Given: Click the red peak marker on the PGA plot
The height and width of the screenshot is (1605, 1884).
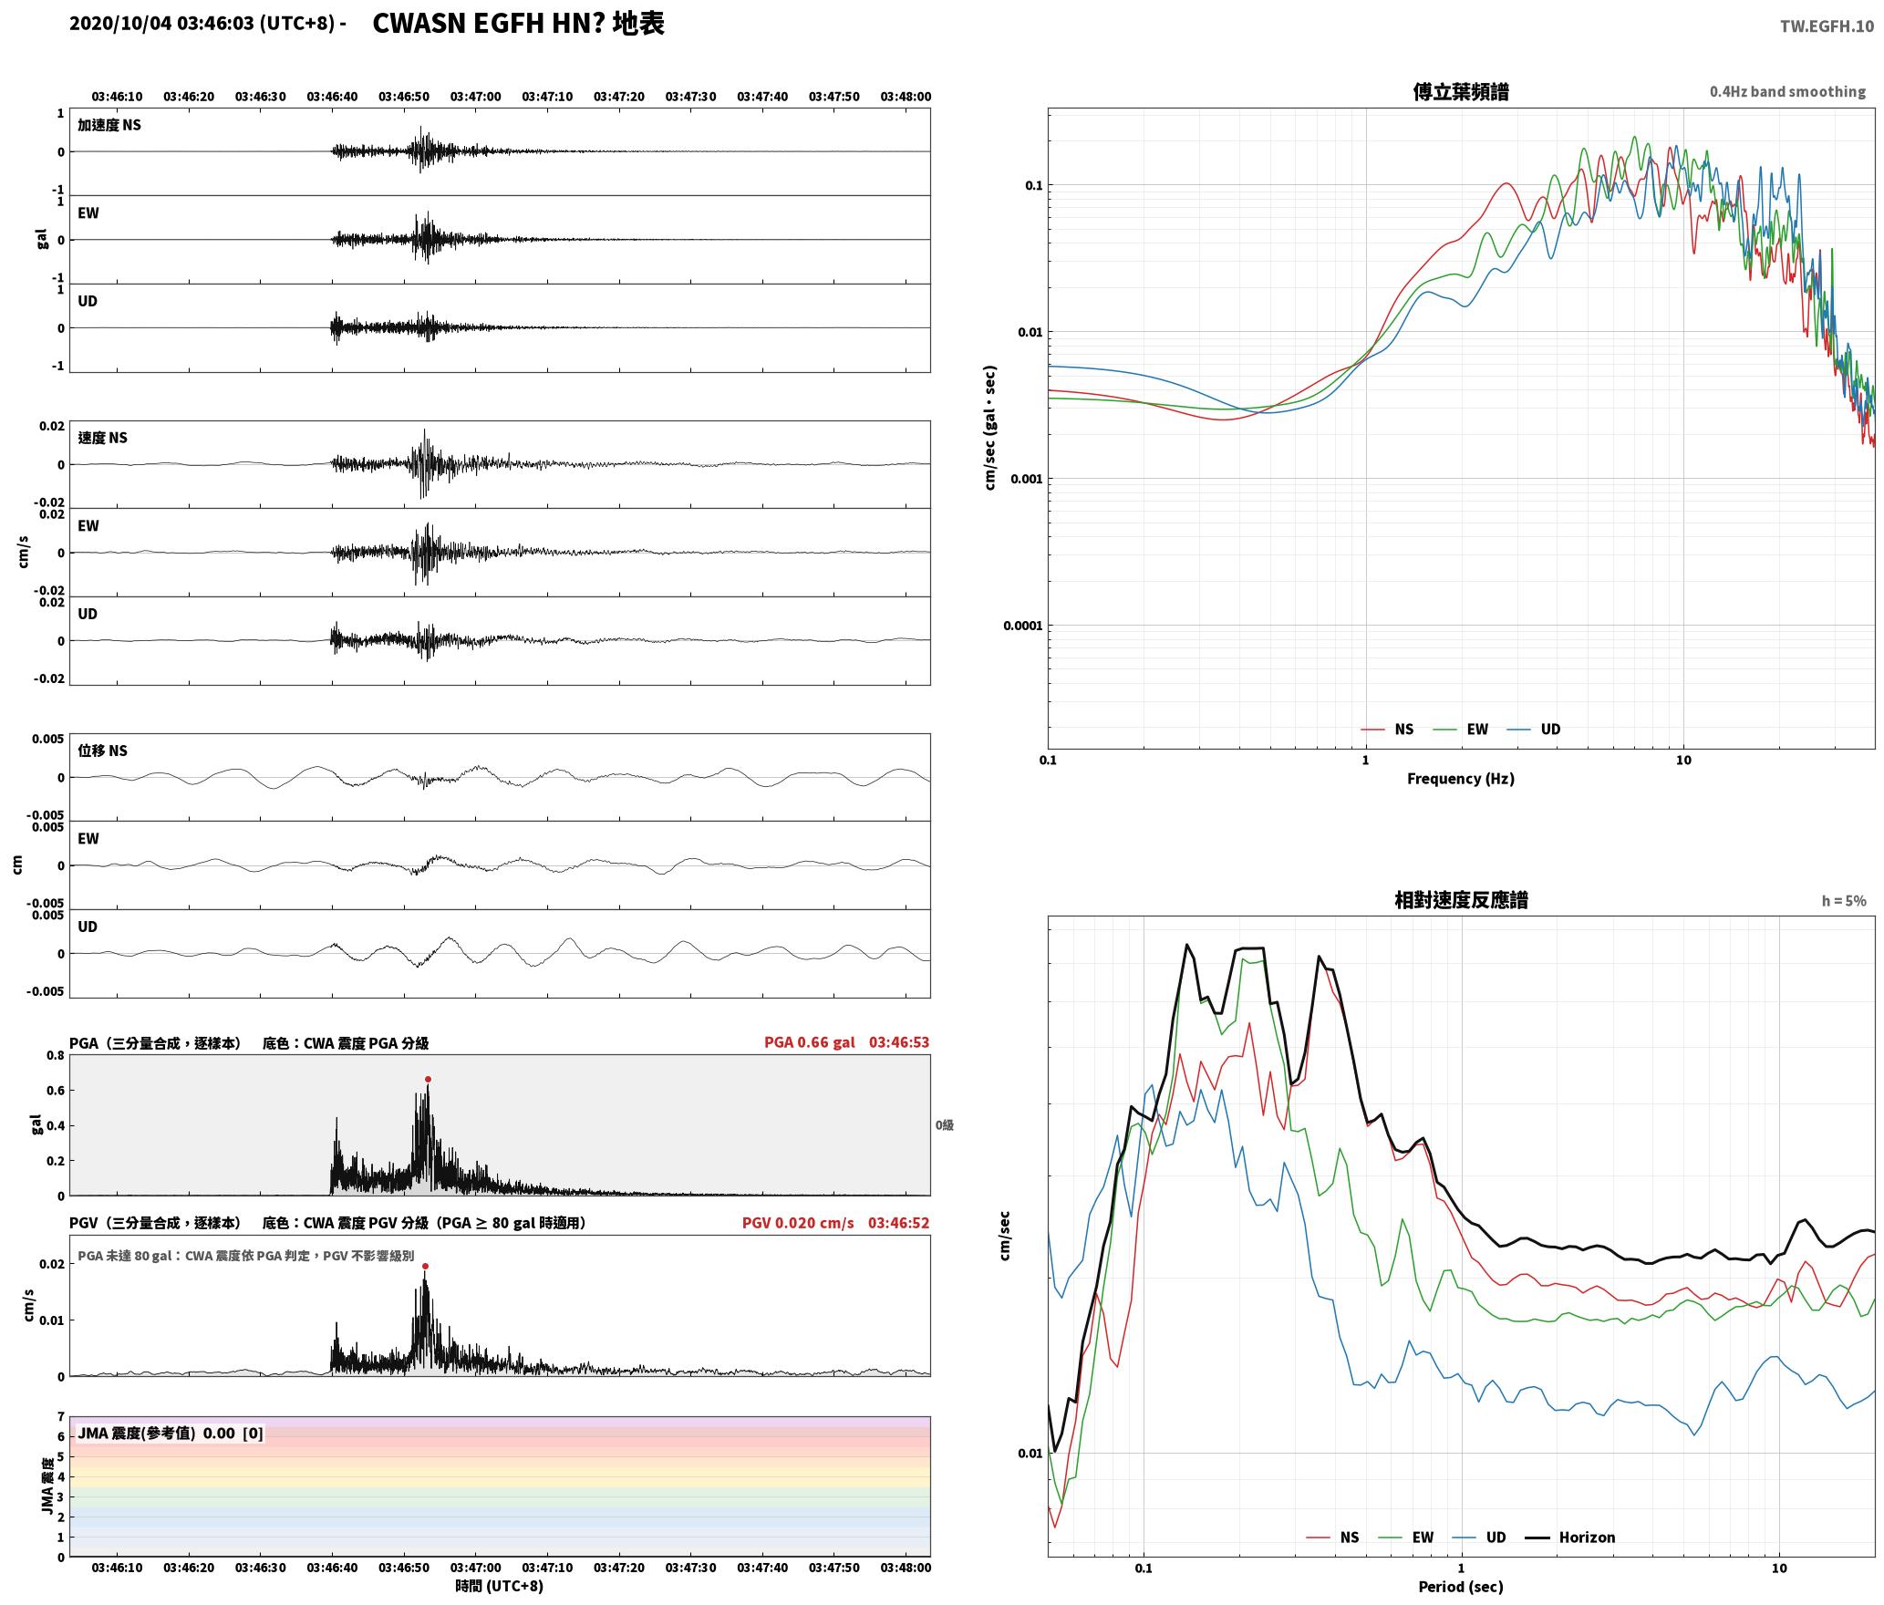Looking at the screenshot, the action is [428, 1079].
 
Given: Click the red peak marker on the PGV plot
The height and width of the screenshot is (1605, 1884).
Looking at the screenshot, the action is [425, 1266].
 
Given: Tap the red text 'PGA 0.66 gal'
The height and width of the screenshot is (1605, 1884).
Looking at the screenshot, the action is [810, 1042].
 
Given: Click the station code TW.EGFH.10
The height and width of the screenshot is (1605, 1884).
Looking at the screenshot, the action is [1827, 26].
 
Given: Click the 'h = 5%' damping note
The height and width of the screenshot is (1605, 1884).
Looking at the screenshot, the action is [1844, 901].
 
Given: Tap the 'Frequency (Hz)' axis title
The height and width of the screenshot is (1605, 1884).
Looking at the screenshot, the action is [1460, 778].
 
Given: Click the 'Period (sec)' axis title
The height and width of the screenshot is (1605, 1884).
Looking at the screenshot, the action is [1460, 1587].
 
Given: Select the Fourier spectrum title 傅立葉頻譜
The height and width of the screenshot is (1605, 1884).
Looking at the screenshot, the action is [1460, 91].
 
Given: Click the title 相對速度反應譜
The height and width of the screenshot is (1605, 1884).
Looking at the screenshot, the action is [1461, 900].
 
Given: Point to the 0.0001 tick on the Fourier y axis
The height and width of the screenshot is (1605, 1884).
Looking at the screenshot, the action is [1021, 626].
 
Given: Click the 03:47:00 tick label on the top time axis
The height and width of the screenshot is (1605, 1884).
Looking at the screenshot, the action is [475, 97].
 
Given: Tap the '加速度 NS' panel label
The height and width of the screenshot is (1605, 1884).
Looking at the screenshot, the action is [109, 125].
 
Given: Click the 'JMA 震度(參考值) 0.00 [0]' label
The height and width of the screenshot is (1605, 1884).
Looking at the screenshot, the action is [171, 1433].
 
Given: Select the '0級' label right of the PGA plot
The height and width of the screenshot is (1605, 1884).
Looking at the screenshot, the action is [945, 1125].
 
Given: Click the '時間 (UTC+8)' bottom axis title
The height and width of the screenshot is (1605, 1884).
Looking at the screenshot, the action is [500, 1586].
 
